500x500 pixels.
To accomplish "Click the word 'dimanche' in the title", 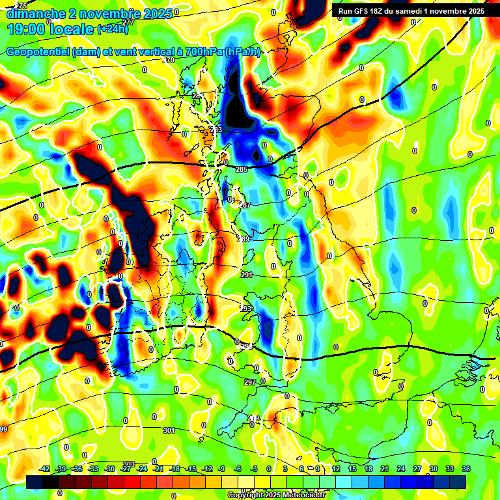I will [x=36, y=13].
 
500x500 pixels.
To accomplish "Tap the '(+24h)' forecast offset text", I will [x=113, y=29].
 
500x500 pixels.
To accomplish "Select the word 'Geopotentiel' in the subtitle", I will [x=40, y=51].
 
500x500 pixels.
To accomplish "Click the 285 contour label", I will [x=242, y=170].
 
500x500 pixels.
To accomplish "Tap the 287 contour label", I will [x=245, y=205].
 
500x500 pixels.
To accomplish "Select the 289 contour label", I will [x=243, y=240].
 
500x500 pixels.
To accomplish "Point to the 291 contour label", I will [x=247, y=275].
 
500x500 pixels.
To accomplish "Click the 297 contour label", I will [x=250, y=382].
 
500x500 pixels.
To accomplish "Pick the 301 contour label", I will [x=169, y=430].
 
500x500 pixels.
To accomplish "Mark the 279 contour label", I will [x=169, y=60].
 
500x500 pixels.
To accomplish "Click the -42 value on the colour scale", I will [x=44, y=469].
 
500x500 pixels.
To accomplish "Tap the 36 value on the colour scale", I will [x=466, y=469].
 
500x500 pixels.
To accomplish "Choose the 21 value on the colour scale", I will [x=384, y=469].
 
